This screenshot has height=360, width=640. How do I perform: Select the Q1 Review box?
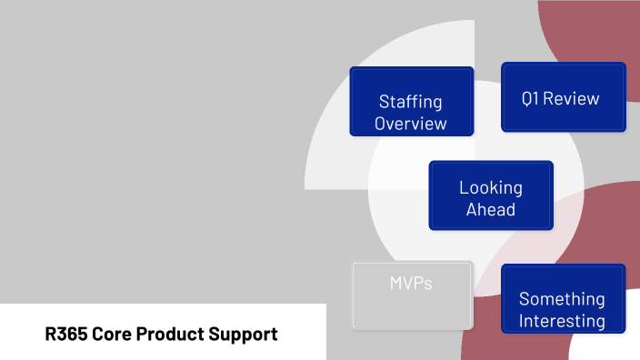pos(564,97)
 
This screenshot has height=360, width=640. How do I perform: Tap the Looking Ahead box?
pos(491,196)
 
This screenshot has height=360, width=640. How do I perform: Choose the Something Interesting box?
pos(564,299)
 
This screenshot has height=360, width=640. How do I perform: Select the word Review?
pos(573,98)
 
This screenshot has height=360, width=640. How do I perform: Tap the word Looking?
pos(491,188)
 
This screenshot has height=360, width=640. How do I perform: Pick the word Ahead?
pos(491,210)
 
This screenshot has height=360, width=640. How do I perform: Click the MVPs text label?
pos(411,284)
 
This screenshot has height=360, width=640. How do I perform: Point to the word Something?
pos(562,299)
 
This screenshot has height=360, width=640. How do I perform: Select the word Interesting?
pos(562,320)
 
